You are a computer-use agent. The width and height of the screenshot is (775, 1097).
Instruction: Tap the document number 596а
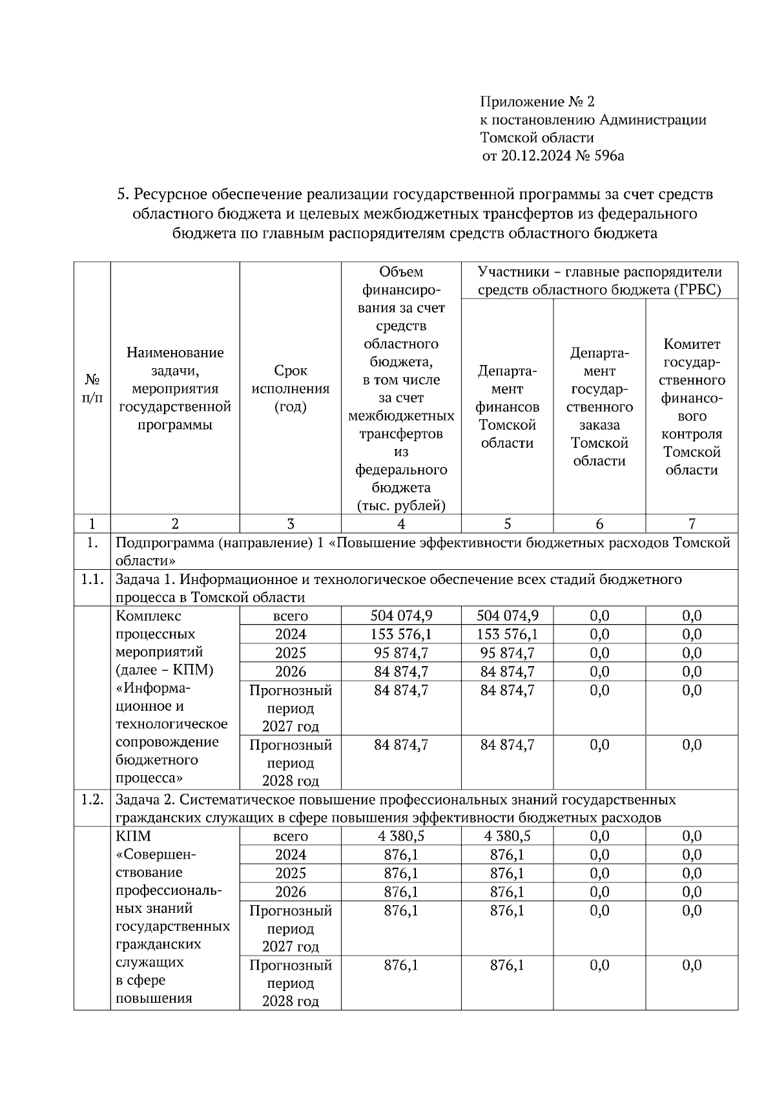click(x=608, y=156)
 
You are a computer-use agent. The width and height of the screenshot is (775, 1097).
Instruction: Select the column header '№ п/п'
click(x=92, y=388)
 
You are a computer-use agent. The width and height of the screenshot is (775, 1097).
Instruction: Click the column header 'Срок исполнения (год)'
click(x=290, y=388)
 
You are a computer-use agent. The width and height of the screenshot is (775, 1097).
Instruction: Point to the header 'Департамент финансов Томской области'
click(x=507, y=406)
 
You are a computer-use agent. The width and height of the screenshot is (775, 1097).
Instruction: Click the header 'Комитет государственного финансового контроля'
click(x=691, y=406)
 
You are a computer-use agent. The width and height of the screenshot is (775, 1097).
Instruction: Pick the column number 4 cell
click(x=401, y=524)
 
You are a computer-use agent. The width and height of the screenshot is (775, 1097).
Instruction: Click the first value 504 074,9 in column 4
click(x=401, y=616)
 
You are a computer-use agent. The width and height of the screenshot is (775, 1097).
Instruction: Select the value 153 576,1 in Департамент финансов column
click(x=507, y=634)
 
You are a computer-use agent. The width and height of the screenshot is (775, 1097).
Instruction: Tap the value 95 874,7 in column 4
click(x=401, y=653)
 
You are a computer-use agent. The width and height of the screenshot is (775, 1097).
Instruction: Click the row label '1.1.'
click(x=92, y=580)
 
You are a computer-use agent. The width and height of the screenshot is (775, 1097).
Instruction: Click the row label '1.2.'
click(x=92, y=800)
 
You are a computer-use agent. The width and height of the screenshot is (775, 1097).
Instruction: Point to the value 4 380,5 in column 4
click(x=401, y=836)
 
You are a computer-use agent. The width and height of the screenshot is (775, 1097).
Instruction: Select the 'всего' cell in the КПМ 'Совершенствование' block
click(x=290, y=836)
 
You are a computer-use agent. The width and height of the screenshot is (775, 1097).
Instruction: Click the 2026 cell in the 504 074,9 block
click(x=290, y=672)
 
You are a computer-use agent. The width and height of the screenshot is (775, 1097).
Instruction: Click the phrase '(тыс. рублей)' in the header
click(x=401, y=506)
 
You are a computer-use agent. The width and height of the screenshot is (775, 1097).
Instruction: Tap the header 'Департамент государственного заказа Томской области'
click(x=599, y=406)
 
